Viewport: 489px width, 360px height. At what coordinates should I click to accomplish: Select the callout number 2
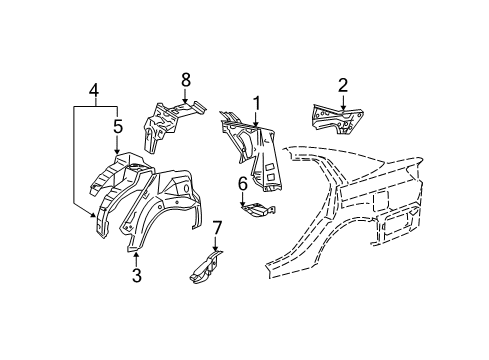pos(342,85)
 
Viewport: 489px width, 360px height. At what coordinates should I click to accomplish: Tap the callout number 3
pos(136,271)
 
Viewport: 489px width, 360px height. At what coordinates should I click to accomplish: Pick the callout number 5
pos(117,126)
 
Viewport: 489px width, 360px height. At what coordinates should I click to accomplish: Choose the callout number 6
pos(242,183)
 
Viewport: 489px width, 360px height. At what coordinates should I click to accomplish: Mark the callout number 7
pos(215,229)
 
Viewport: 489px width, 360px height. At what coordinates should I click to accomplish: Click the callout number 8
pos(185,78)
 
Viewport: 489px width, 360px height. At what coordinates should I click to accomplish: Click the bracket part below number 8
pos(165,125)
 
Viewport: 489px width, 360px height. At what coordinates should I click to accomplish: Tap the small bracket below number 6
pos(258,208)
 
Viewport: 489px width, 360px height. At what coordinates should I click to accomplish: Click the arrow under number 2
pos(342,103)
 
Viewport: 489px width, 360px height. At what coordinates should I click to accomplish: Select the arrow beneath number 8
pos(185,95)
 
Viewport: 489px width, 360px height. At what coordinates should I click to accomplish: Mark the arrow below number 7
pos(215,246)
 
